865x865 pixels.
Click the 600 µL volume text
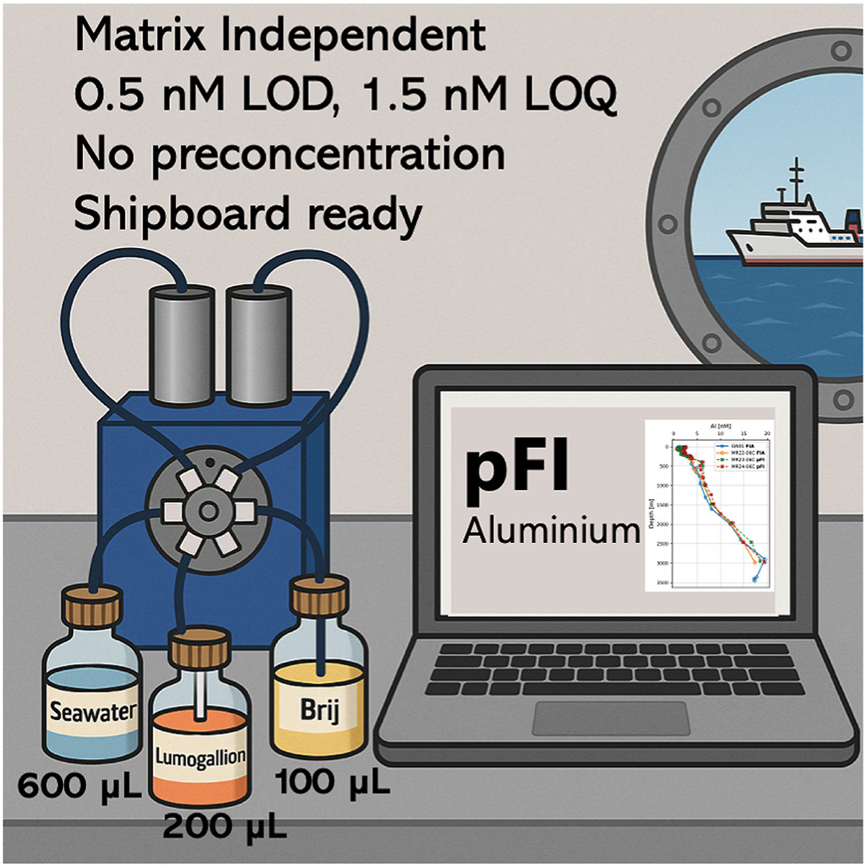(80, 788)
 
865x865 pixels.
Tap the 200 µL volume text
(225, 828)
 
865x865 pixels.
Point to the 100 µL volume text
(332, 784)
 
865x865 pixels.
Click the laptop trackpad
(611, 718)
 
